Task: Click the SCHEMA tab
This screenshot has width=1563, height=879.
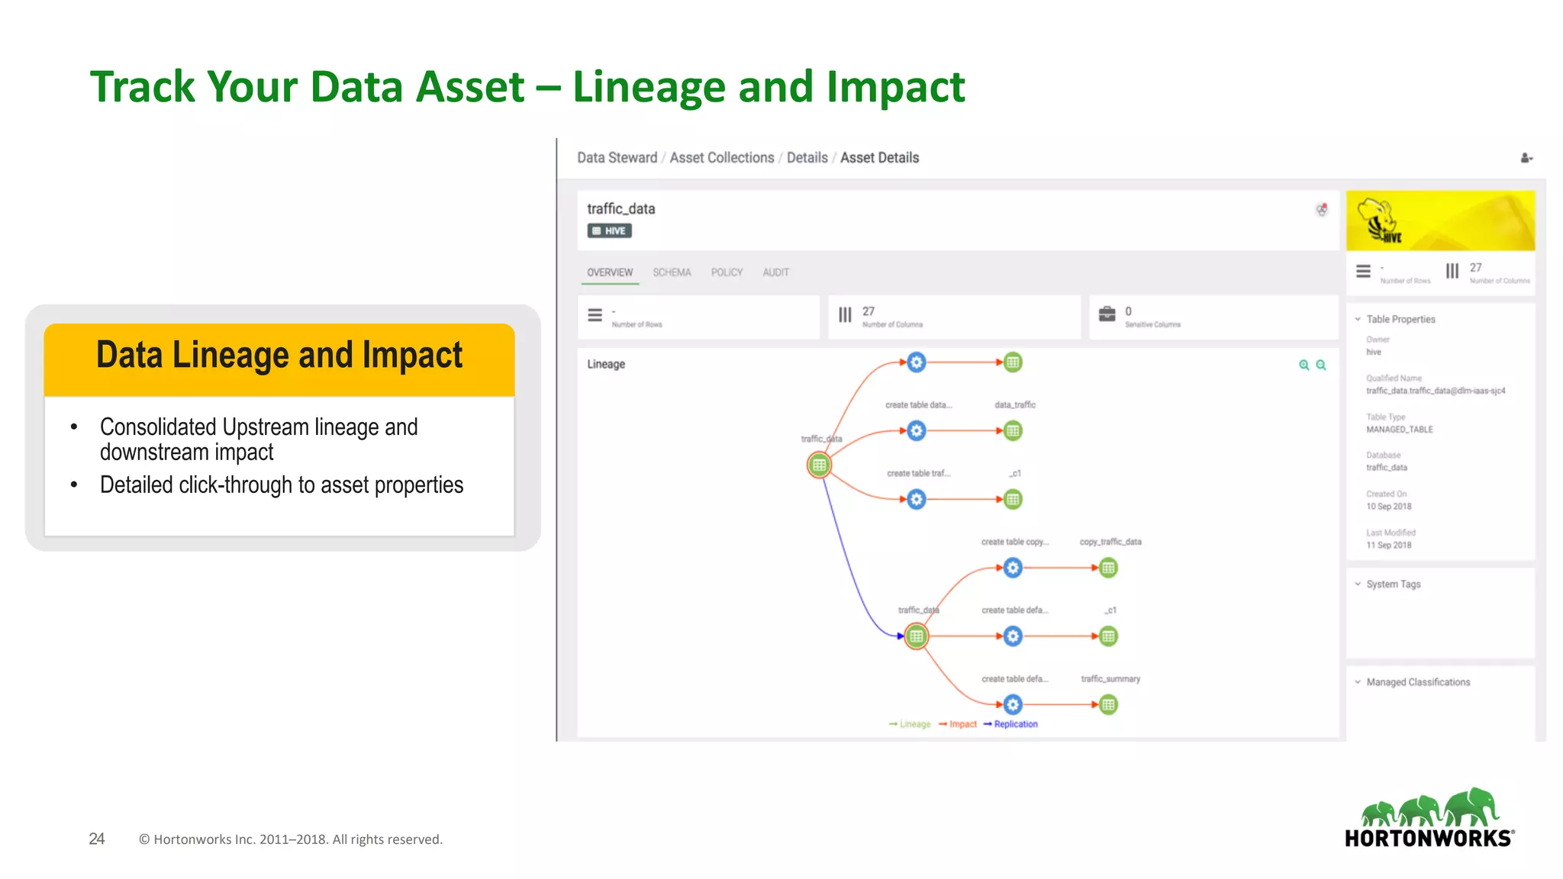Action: point(672,272)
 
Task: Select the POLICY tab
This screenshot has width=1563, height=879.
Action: point(727,272)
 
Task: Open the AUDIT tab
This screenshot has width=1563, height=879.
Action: point(775,272)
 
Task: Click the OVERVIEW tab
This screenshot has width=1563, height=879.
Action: point(610,272)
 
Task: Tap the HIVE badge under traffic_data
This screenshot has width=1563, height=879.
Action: point(609,230)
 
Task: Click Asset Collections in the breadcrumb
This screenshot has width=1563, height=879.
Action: point(721,158)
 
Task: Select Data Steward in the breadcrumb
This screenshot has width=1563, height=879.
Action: point(617,158)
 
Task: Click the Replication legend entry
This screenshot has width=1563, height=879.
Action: point(1015,724)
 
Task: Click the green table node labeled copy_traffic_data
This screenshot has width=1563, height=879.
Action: point(1108,568)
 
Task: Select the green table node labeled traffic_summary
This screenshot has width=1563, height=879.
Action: point(1108,704)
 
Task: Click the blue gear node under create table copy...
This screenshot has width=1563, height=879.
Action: point(1013,568)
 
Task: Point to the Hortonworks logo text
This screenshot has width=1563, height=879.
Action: point(1428,839)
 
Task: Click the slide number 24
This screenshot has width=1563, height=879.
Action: point(97,839)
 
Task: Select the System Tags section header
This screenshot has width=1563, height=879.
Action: point(1393,584)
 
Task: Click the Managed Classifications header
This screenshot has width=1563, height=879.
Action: point(1417,682)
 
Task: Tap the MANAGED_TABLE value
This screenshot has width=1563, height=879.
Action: point(1399,430)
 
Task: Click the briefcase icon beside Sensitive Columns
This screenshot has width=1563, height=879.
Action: point(1107,314)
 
